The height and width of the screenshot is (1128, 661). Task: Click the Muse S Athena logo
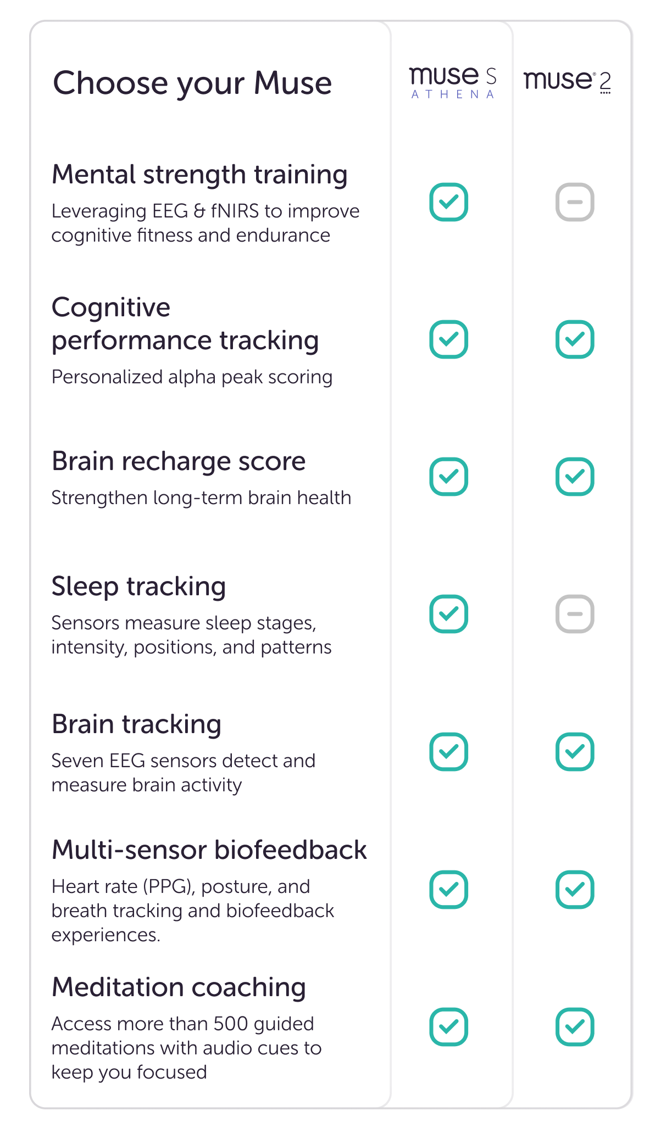[x=453, y=82]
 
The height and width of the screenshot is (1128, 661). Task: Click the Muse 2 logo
[x=567, y=81]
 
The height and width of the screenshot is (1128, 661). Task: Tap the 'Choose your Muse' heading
[x=192, y=83]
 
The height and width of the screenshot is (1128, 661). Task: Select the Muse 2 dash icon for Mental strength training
[x=575, y=202]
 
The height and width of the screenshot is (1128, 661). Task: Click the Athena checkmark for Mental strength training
[x=448, y=202]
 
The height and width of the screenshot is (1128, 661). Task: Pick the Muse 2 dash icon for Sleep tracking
[x=575, y=613]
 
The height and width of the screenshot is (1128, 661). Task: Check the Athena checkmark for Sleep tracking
[x=448, y=613]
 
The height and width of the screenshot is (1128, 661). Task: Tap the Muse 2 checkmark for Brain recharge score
[x=575, y=476]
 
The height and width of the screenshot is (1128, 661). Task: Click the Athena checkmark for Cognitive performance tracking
[x=448, y=339]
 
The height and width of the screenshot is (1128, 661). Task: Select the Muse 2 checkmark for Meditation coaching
[x=575, y=1026]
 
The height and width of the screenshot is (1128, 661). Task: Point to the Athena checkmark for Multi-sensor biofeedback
[x=448, y=889]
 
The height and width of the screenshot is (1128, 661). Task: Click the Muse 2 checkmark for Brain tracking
[x=575, y=751]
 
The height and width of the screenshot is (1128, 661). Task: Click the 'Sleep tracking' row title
[x=138, y=587]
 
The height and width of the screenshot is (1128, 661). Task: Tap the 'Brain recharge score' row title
[x=179, y=461]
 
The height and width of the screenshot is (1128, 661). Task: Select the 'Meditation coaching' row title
[x=179, y=987]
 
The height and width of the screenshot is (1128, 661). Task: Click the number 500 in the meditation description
[x=230, y=1024]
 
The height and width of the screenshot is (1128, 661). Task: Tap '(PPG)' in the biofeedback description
[x=170, y=886]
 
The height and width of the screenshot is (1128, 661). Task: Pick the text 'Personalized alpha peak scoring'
[x=192, y=377]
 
